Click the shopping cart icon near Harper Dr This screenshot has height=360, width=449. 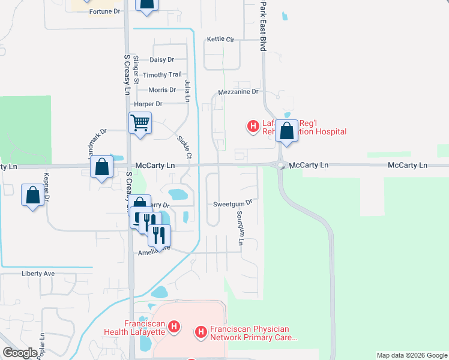[x=140, y=124]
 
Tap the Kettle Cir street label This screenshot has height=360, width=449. [x=220, y=39]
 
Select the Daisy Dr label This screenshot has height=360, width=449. [x=161, y=59]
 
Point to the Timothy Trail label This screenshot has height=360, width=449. [x=162, y=74]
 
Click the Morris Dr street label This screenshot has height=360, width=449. [x=162, y=89]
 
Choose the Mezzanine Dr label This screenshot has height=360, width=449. [x=238, y=92]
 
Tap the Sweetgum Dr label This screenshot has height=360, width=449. [x=232, y=204]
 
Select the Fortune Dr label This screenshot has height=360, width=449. [x=104, y=11]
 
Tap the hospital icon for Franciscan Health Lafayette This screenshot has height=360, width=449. [x=174, y=327]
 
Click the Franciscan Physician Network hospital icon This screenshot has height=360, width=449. [x=202, y=331]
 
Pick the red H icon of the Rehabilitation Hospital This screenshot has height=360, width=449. [x=253, y=126]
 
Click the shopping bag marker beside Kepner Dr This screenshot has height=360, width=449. [x=32, y=195]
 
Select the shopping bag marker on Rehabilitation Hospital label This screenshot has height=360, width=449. [x=287, y=131]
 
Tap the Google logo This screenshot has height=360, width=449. [x=20, y=353]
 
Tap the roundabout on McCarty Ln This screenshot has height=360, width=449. [x=280, y=165]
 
